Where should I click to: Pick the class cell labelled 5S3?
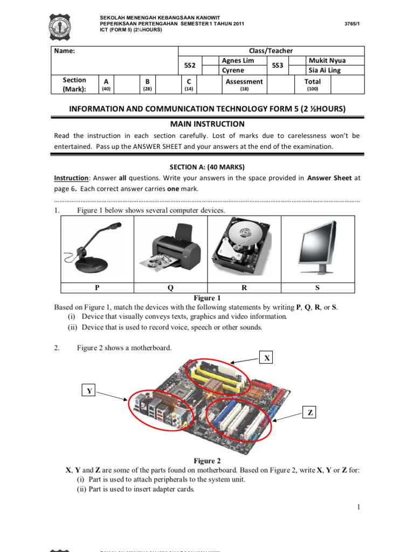tap(277, 65)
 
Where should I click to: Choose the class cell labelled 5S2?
tap(190, 65)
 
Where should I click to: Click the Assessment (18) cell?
tap(244, 85)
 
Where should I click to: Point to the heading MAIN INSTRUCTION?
tap(208, 124)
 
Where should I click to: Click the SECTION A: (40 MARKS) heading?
tap(207, 167)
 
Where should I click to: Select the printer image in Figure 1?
tap(170, 247)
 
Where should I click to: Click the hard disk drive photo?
tap(244, 247)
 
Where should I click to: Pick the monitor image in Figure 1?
tap(317, 247)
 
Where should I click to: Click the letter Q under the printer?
tap(170, 288)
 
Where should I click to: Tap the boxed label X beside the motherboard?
tap(267, 358)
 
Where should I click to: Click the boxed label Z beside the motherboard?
tap(310, 413)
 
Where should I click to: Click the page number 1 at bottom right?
tap(358, 507)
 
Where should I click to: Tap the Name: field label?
tap(64, 51)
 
